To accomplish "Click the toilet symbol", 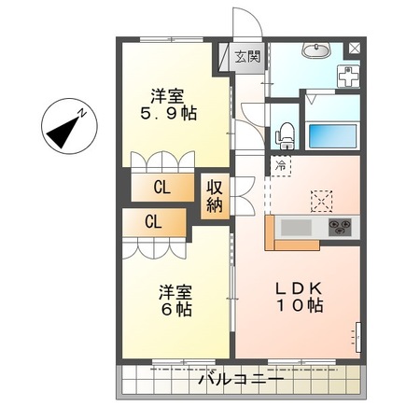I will point(285,133).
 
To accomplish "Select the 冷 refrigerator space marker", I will point(281,165).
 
